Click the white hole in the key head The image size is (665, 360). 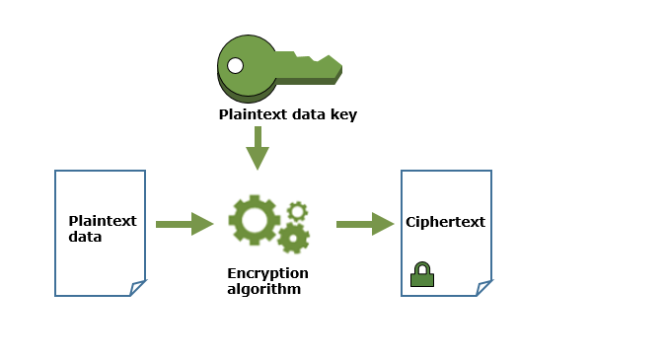[x=235, y=66]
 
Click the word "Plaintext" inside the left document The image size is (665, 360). [x=103, y=221]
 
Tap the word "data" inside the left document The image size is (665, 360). [x=85, y=237]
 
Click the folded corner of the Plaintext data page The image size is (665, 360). [x=138, y=288]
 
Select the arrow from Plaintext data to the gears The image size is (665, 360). [x=185, y=224]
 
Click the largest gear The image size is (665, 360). [x=254, y=220]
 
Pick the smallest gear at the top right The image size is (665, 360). [x=297, y=210]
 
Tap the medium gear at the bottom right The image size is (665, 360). [x=293, y=238]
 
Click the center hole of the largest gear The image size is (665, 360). [x=254, y=220]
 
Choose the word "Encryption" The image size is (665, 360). [x=267, y=272]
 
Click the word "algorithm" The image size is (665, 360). [x=263, y=289]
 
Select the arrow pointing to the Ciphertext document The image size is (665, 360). [x=365, y=224]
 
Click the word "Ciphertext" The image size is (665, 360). [x=445, y=222]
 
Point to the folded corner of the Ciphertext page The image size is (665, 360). [x=483, y=288]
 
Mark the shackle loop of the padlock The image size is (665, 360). [x=422, y=266]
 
